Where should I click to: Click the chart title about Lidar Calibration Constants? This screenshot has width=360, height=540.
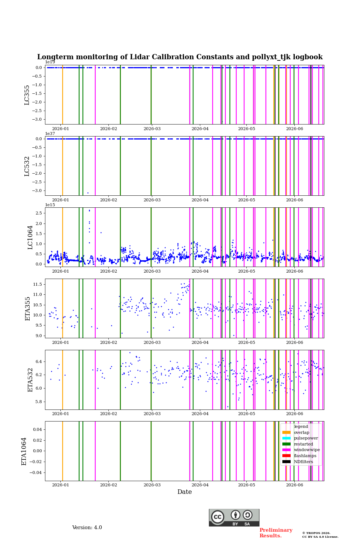click(x=180, y=57)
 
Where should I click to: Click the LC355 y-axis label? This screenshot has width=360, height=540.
click(x=27, y=95)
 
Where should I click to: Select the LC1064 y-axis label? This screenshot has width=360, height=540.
click(x=30, y=237)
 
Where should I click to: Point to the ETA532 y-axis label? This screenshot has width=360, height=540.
click(x=30, y=380)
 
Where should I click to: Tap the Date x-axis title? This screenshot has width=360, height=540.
click(x=184, y=492)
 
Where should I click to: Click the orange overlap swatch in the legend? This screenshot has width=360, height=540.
click(x=286, y=432)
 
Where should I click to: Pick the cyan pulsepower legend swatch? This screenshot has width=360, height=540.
click(x=286, y=438)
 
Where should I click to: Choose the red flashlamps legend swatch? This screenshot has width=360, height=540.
click(x=286, y=456)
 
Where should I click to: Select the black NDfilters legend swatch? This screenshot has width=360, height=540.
click(x=286, y=462)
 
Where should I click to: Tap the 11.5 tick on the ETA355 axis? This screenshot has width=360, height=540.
click(x=37, y=285)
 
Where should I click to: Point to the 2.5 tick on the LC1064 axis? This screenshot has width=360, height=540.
click(x=39, y=213)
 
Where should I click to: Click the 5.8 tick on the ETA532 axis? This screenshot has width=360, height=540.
click(x=39, y=402)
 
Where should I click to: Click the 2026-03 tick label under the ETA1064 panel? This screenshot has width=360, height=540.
click(x=152, y=485)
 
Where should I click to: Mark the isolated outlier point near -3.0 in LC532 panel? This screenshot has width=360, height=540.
click(x=88, y=193)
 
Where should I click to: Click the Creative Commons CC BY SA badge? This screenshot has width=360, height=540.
click(x=234, y=517)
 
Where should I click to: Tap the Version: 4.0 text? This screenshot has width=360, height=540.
click(x=87, y=528)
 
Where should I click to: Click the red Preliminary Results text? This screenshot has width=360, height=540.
click(x=276, y=533)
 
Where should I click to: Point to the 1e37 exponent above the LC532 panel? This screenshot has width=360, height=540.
click(x=50, y=133)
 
